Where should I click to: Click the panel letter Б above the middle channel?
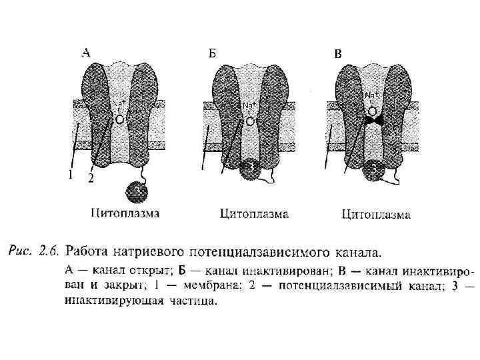tap(212, 53)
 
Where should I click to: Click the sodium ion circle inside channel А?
tap(119, 119)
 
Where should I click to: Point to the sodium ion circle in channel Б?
tap(249, 121)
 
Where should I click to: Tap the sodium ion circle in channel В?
tap(373, 111)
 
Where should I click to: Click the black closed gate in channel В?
tap(373, 122)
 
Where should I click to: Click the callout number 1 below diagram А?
tap(69, 175)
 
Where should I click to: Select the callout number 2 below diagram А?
tap(91, 179)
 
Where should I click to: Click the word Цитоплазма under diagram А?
tap(125, 213)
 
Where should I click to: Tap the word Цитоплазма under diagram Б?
tap(254, 214)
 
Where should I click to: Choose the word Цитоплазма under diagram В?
tap(376, 215)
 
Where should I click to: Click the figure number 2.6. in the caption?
tap(48, 251)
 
